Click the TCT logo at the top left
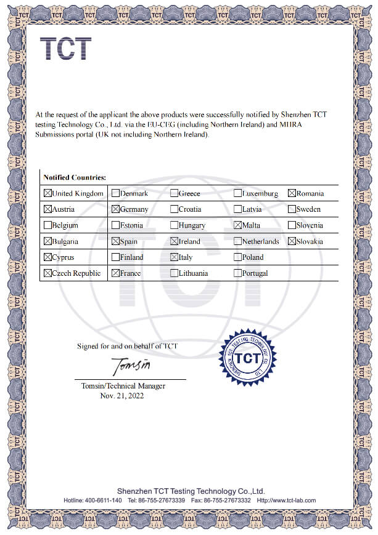pyautogui.click(x=65, y=49)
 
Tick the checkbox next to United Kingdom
pyautogui.click(x=47, y=193)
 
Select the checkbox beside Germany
pyautogui.click(x=115, y=209)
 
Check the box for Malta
pyautogui.click(x=238, y=225)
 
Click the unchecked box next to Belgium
pyautogui.click(x=47, y=225)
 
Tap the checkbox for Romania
pyautogui.click(x=292, y=193)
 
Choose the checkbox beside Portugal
pyautogui.click(x=238, y=273)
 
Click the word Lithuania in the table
pyautogui.click(x=193, y=273)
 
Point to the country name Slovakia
pyautogui.click(x=310, y=241)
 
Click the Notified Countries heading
pyautogui.click(x=73, y=177)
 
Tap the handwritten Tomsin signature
pyautogui.click(x=131, y=366)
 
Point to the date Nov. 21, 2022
pyautogui.click(x=121, y=395)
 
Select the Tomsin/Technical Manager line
pyautogui.click(x=123, y=386)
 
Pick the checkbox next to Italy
pyautogui.click(x=174, y=257)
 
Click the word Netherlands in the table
pyautogui.click(x=260, y=241)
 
